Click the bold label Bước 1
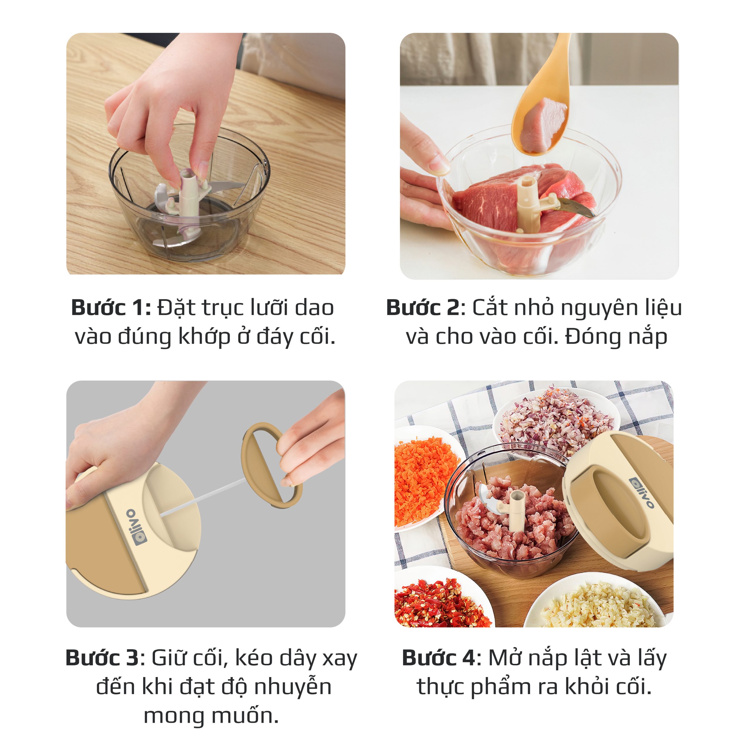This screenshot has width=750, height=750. pyautogui.click(x=111, y=308)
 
